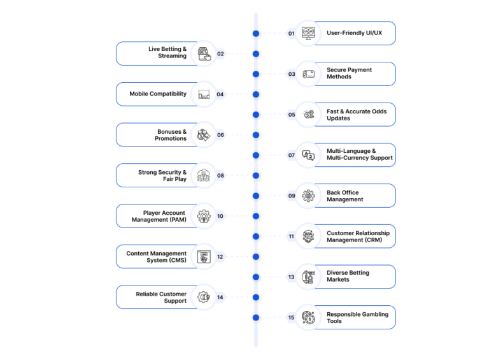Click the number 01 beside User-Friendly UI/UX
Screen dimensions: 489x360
pos(291,33)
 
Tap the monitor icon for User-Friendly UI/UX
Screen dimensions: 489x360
pos(308,33)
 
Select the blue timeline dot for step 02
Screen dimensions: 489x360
pos(256,54)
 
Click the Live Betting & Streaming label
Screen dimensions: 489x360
pos(167,52)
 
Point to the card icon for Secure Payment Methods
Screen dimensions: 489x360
pos(308,75)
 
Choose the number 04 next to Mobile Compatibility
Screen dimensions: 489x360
pos(220,94)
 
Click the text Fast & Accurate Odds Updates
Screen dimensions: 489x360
pos(357,115)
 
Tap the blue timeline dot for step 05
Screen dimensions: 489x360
pos(256,115)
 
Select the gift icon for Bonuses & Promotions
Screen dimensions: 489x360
pos(204,135)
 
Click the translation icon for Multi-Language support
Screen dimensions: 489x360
pos(308,155)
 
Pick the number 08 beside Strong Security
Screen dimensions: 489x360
pos(220,176)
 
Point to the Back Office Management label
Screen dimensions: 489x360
pos(345,196)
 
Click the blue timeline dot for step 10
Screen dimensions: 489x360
pos(256,216)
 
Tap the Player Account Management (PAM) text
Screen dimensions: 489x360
pos(159,216)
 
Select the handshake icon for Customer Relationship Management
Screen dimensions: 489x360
pos(308,236)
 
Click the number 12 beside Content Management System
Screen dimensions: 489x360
pos(220,257)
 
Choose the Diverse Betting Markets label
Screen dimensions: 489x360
pos(348,276)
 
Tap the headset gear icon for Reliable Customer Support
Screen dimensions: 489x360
pos(204,297)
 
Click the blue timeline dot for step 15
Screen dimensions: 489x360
pos(256,317)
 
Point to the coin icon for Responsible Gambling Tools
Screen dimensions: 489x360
pos(308,317)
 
